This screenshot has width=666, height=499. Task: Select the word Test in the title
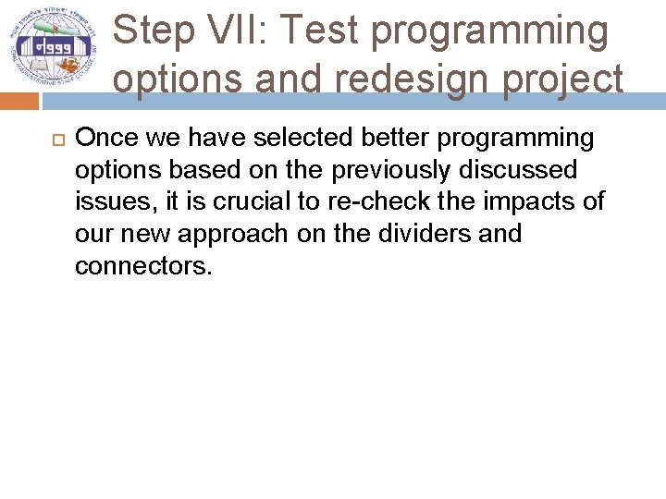[320, 30]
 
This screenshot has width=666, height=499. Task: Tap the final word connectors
[143, 266]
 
